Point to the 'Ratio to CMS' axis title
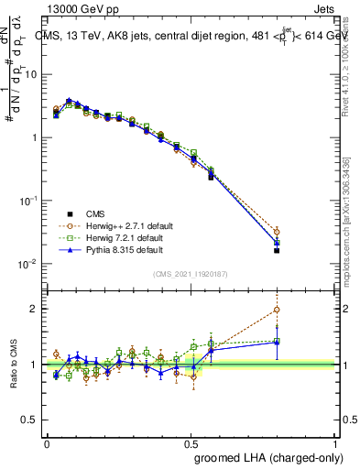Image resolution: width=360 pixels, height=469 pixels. (13, 365)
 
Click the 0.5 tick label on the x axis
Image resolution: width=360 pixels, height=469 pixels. (191, 442)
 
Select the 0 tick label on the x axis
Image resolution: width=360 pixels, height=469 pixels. (47, 442)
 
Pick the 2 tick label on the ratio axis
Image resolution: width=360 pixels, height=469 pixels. (36, 309)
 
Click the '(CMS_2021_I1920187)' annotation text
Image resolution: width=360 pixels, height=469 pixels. (191, 273)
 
